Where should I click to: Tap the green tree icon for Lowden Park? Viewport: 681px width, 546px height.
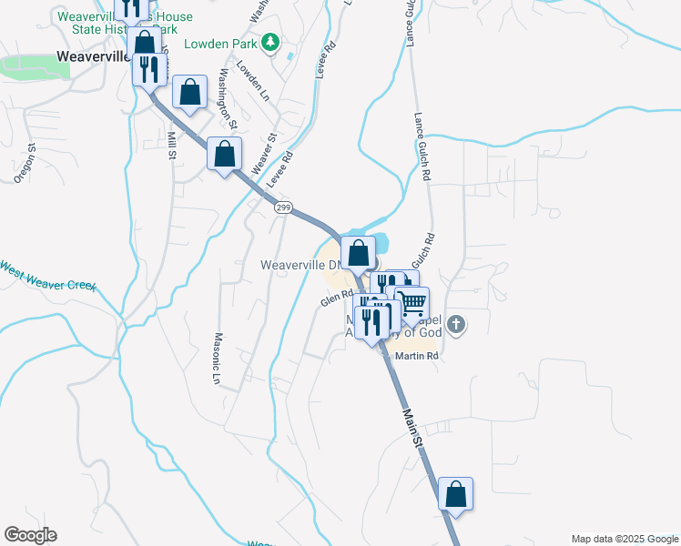(270, 42)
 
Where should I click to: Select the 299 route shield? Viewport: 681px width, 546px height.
(284, 207)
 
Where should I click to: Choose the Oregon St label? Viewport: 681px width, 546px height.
(25, 164)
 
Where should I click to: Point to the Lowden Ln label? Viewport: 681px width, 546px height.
(253, 81)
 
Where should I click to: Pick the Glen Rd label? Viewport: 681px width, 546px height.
(336, 298)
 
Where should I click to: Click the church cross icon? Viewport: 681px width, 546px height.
(456, 323)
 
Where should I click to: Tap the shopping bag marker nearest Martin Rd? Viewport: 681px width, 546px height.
(455, 494)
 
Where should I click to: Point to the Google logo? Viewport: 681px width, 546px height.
(30, 535)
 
